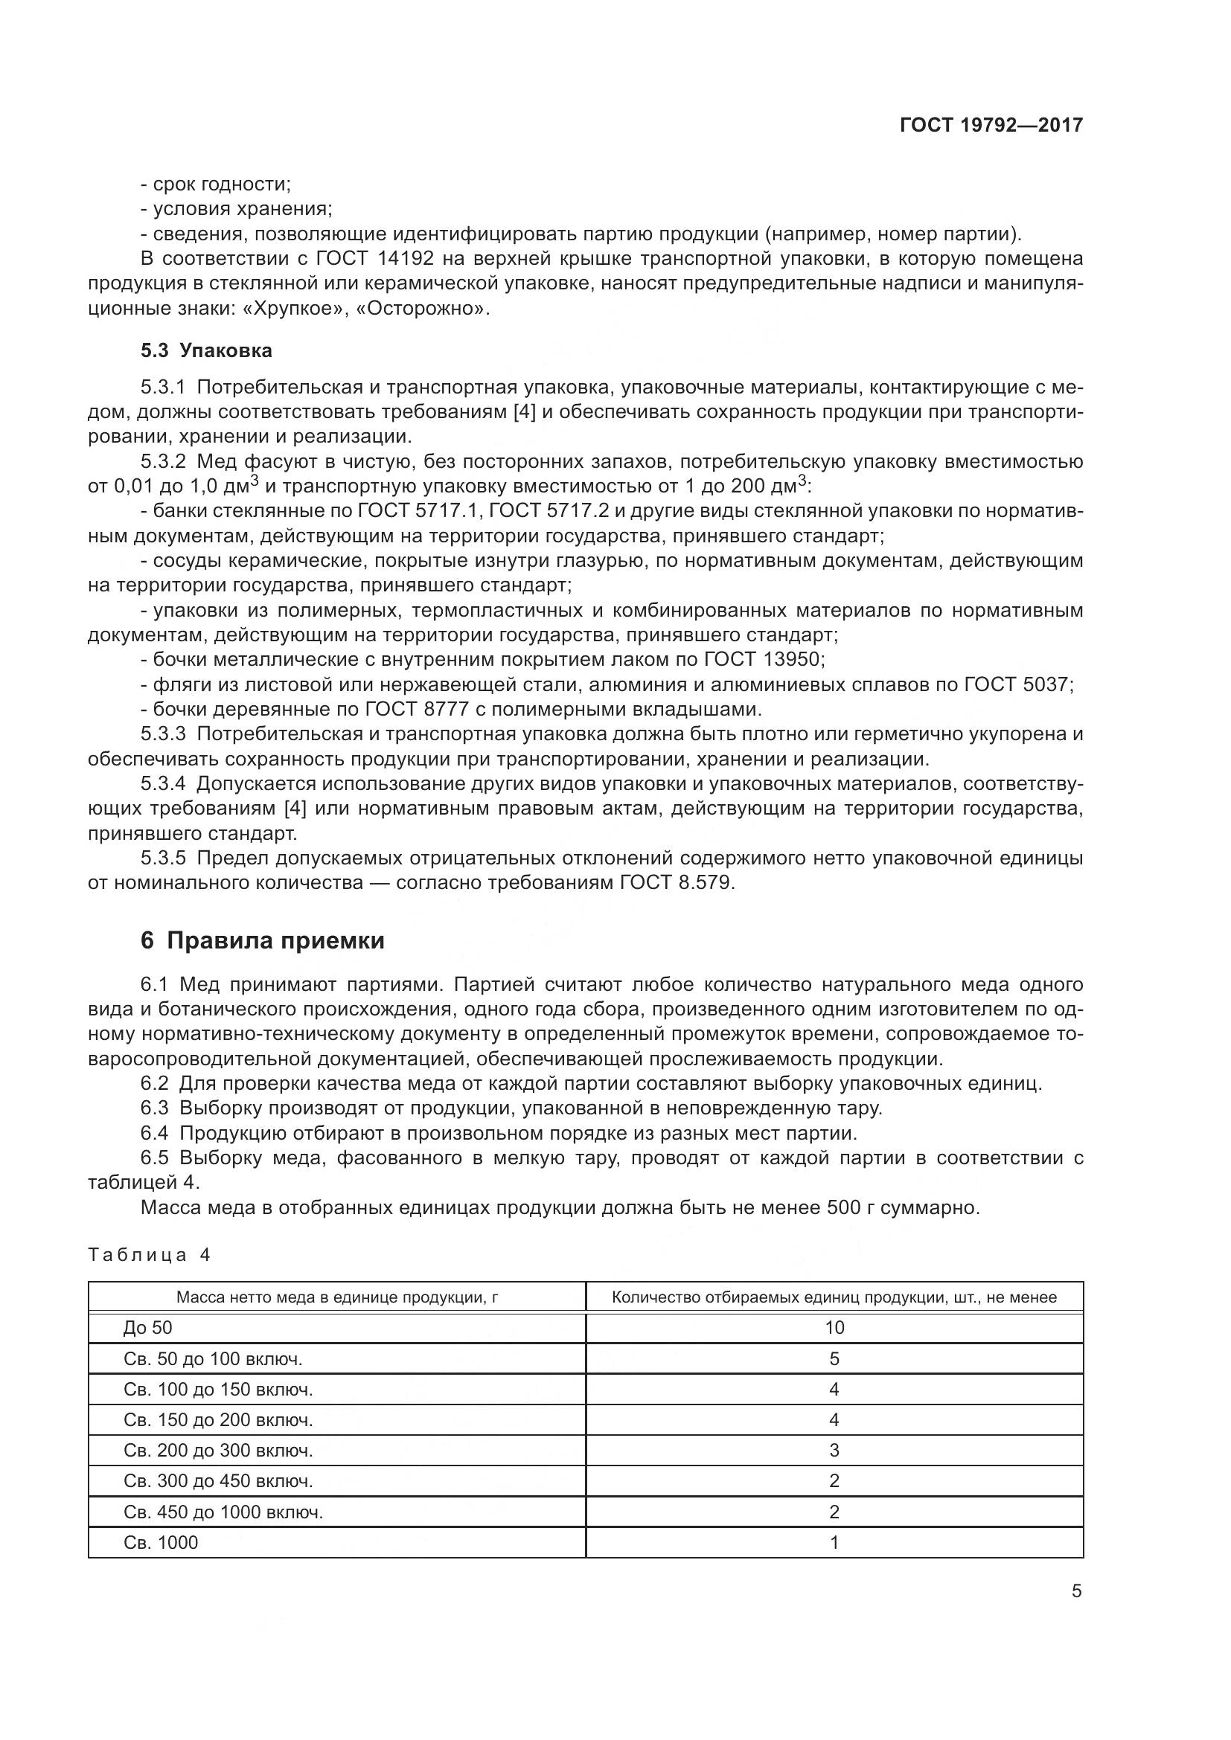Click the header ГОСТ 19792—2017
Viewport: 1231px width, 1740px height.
991,125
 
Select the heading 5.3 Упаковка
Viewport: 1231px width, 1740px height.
206,350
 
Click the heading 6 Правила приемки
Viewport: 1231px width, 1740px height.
262,940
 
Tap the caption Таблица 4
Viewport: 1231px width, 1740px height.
149,1255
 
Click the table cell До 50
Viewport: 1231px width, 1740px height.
148,1327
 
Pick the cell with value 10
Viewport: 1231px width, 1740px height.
834,1327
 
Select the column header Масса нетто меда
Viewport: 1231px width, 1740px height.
336,1297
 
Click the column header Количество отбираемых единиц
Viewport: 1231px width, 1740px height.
834,1297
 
